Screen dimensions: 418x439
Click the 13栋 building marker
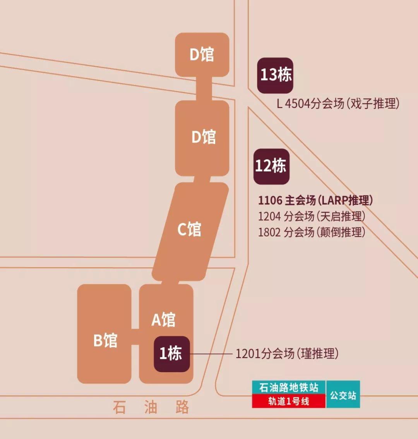[275, 75]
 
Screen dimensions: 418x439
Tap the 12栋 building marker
[271, 166]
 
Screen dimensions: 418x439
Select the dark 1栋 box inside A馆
[172, 354]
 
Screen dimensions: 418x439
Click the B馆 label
[105, 340]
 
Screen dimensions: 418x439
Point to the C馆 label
[189, 229]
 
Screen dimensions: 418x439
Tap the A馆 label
[163, 320]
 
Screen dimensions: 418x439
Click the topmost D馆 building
[202, 55]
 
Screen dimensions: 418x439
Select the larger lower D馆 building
[202, 138]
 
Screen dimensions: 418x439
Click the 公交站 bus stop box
[343, 394]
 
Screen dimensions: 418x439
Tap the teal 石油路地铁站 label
[289, 388]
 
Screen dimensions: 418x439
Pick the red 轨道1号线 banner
[289, 401]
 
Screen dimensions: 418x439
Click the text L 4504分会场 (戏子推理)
[338, 104]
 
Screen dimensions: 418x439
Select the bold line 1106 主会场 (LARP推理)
[315, 200]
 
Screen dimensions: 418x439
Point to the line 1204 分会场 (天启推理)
[312, 217]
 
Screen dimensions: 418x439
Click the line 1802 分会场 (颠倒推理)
[312, 232]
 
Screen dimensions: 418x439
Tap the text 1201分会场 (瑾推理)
[287, 354]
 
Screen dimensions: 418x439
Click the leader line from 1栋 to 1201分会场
[211, 354]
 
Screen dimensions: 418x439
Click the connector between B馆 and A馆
[135, 337]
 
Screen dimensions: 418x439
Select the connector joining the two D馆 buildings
[204, 89]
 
